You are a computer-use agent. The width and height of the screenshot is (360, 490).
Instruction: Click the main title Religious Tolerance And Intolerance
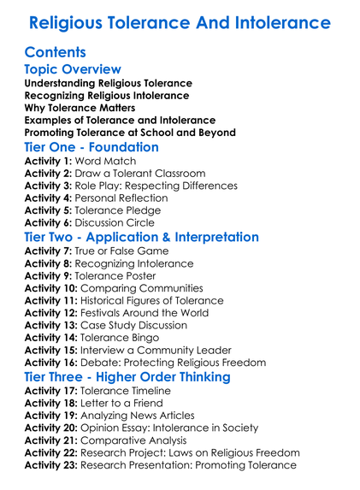click(x=180, y=21)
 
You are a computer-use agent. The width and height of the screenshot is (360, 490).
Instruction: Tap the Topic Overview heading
click(x=74, y=69)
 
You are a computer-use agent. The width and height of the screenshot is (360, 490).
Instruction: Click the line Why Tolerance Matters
click(x=80, y=108)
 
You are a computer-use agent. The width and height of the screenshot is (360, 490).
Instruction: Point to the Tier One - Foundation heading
click(x=92, y=147)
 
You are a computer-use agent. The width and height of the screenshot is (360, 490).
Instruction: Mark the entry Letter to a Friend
click(x=135, y=403)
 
